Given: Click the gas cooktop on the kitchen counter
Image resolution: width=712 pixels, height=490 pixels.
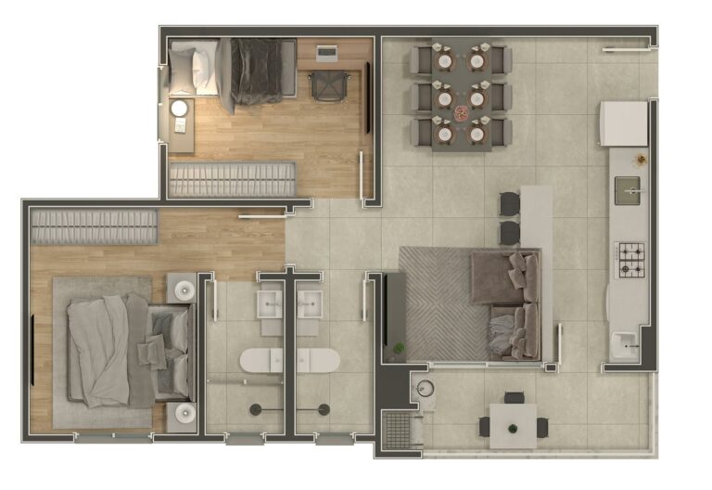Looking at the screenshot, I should point(631,259).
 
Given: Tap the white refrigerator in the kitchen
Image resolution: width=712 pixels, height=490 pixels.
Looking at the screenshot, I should point(623,123).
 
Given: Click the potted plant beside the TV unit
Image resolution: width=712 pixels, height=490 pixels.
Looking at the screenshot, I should point(400,349).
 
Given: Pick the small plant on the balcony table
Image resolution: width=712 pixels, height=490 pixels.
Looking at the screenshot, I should point(513,427).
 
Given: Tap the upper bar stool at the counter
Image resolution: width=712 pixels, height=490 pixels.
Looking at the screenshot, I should point(510,203).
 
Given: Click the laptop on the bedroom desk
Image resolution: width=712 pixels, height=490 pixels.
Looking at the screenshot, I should point(327,53).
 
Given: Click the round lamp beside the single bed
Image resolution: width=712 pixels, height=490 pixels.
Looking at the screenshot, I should point(180,110).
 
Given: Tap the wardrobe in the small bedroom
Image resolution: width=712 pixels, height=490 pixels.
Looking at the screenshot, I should point(232,179).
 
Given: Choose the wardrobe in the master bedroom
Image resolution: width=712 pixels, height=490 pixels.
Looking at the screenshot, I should point(94,226).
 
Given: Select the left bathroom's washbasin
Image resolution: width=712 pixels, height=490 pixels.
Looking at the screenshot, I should point(270,303).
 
